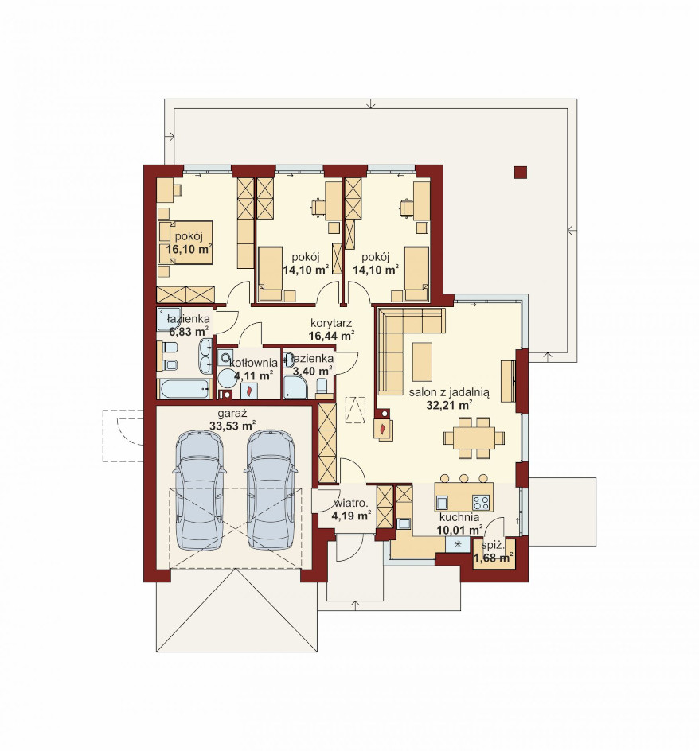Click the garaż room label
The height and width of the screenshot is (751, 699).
click(232, 414)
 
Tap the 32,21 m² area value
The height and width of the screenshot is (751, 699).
click(449, 406)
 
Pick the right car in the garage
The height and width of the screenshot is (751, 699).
click(270, 489)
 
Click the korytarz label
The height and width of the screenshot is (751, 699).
click(331, 323)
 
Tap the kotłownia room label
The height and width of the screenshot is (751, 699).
click(254, 363)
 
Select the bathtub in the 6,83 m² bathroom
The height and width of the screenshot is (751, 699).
click(185, 389)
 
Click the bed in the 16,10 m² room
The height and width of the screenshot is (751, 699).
click(186, 242)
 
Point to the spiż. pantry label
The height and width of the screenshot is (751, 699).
click(493, 546)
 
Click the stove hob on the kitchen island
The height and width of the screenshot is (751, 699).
click(482, 503)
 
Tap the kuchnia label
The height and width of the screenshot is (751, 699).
click(459, 518)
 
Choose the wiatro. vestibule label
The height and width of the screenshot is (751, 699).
click(351, 504)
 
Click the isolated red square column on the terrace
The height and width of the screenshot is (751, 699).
click(520, 173)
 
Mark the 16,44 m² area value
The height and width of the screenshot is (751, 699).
click(331, 335)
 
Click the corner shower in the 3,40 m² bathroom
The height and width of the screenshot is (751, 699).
click(295, 387)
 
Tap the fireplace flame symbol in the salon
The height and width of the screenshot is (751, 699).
click(382, 429)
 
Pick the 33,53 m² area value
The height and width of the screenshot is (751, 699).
click(232, 426)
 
